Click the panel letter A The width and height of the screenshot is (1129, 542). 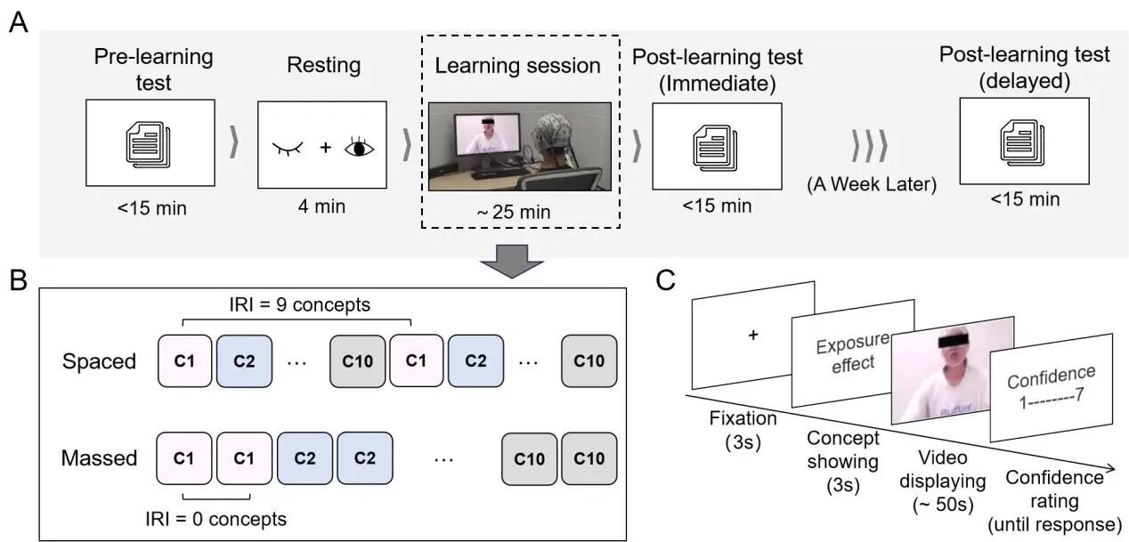17,21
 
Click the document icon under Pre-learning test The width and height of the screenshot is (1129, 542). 149,143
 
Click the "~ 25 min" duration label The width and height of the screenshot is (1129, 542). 517,212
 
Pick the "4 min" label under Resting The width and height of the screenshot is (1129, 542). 321,206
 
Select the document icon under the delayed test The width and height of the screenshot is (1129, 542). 1023,141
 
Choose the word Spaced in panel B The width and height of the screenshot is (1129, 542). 100,361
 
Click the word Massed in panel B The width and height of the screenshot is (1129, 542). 99,458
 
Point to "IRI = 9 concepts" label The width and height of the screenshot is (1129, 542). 297,305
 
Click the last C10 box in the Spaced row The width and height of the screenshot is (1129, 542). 589,361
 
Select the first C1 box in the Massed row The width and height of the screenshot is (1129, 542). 184,458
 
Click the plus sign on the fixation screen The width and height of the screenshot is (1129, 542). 753,336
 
